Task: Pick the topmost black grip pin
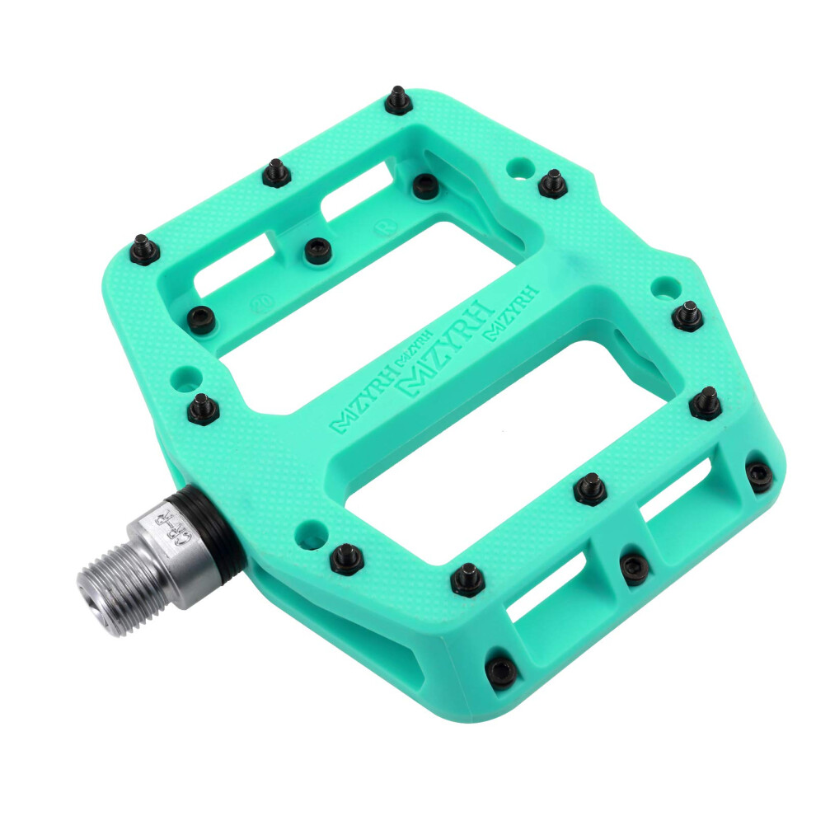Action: [x=399, y=101]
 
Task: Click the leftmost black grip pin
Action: [x=144, y=248]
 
